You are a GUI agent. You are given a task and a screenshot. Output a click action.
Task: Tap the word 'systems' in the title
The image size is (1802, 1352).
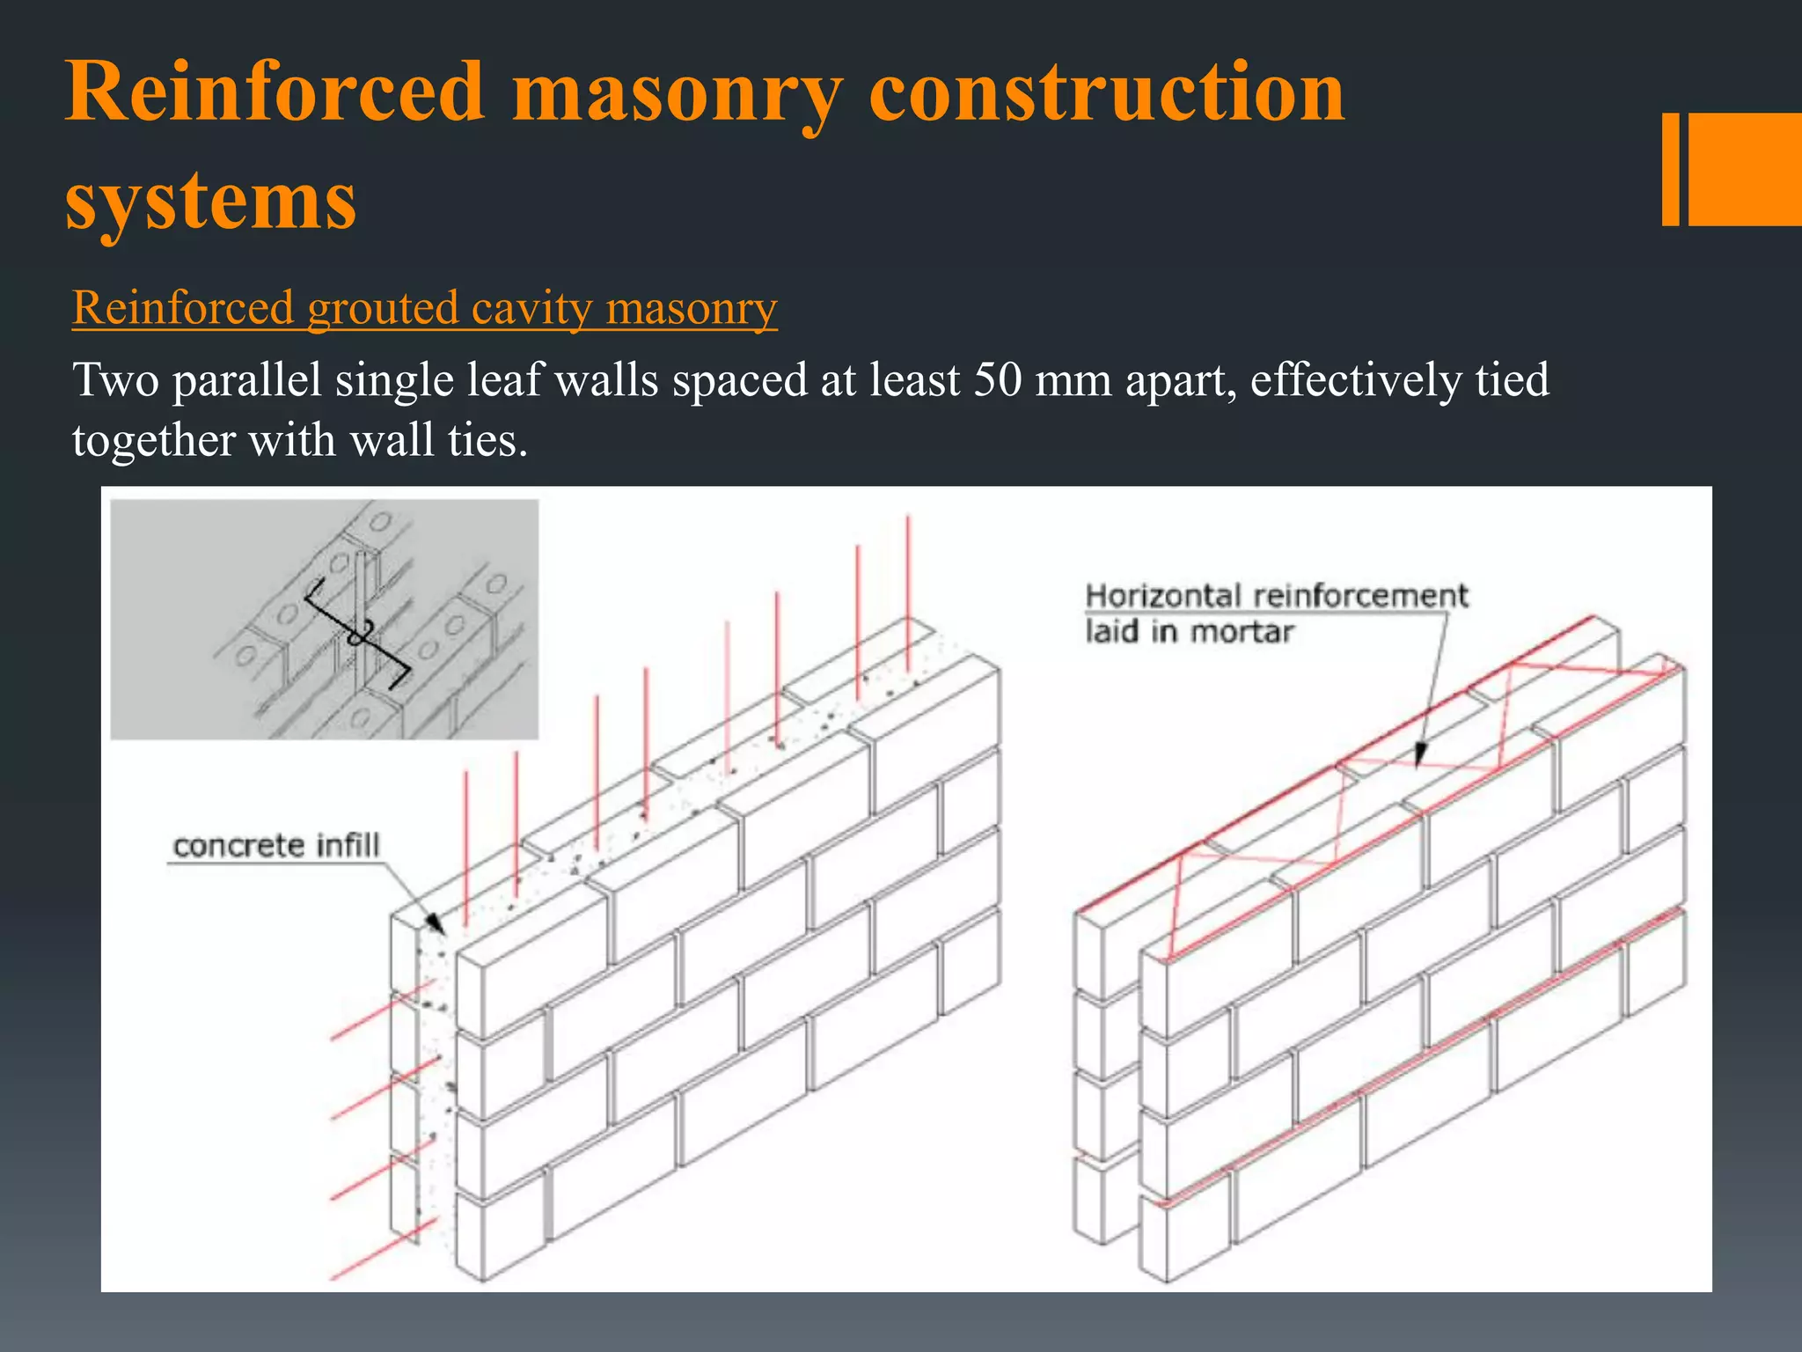(210, 201)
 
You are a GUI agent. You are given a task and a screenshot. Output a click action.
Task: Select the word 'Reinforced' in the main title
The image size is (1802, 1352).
(275, 92)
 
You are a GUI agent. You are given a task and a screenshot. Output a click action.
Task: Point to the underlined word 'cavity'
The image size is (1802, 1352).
(531, 310)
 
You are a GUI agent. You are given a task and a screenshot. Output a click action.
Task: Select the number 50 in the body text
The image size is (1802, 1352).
(997, 380)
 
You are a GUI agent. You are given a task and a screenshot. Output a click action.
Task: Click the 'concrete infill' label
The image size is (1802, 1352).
(276, 846)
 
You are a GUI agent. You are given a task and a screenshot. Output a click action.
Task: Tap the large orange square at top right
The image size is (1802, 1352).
(1745, 169)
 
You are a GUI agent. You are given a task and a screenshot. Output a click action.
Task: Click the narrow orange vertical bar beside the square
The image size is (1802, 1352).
(1670, 169)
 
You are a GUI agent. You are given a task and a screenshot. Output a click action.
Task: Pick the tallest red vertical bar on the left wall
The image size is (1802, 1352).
(908, 581)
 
